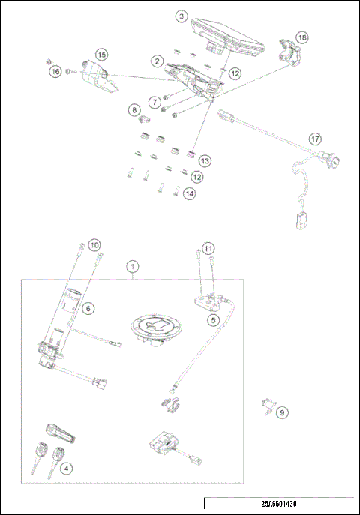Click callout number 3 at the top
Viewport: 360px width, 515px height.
[182, 16]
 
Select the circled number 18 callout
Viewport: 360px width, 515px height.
[301, 37]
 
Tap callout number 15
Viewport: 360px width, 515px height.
[101, 55]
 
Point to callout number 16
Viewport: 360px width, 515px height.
[55, 72]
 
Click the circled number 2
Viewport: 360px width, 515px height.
[157, 60]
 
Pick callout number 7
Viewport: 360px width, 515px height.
[154, 101]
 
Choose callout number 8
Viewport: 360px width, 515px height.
[134, 110]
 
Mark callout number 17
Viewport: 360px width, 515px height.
[316, 139]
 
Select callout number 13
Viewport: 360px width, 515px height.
[204, 160]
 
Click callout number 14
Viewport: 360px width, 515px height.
[189, 193]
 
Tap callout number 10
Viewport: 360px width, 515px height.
[94, 244]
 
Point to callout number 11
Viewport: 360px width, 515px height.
[208, 248]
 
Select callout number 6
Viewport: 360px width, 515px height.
[88, 307]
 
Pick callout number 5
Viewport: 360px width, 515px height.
[214, 320]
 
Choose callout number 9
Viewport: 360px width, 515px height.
[282, 412]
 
